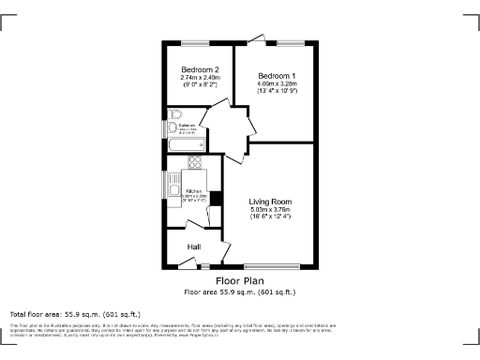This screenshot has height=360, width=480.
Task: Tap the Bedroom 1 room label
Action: (277, 75)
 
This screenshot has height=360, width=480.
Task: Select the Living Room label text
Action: (271, 202)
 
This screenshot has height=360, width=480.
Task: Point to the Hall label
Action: (193, 247)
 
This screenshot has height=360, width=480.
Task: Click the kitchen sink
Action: (175, 193)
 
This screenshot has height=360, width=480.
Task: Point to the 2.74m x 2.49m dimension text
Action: (199, 78)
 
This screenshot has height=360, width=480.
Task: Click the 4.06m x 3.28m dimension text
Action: (277, 83)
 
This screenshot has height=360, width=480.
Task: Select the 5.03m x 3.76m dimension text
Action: (271, 209)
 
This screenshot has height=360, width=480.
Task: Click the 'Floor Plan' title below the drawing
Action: (239, 280)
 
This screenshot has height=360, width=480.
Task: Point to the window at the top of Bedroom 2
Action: (196, 42)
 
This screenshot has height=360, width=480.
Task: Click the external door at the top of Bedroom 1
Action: (256, 39)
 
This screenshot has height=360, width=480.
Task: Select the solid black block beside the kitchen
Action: (216, 197)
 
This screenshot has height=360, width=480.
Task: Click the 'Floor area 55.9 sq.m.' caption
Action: (239, 292)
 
